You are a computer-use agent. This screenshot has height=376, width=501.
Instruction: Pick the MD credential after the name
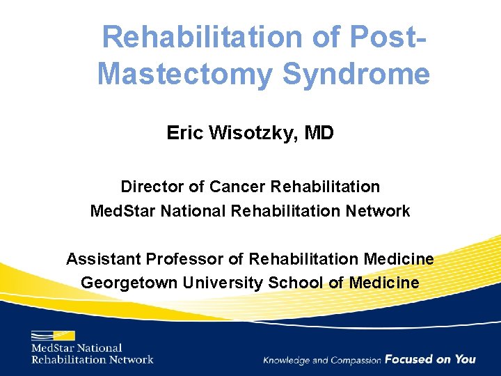(x=319, y=132)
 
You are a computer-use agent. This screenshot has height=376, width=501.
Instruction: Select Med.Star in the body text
(x=123, y=210)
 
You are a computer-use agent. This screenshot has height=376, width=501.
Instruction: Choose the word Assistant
(x=103, y=259)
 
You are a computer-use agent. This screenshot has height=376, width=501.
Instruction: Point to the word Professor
(x=184, y=259)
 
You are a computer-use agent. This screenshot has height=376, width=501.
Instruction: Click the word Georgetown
(x=129, y=283)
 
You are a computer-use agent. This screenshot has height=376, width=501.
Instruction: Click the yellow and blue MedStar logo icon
(x=53, y=335)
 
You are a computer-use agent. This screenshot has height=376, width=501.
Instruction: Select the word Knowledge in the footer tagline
(x=287, y=360)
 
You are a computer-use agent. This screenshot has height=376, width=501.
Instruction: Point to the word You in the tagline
(x=466, y=359)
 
